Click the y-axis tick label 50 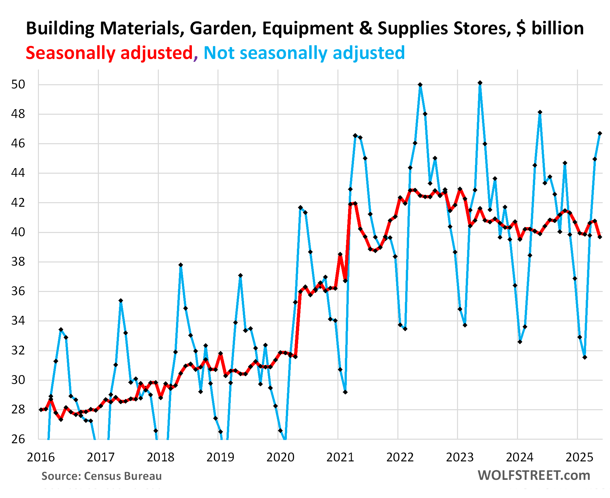pos(18,85)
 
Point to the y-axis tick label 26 pos(18,439)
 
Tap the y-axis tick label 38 pos(18,262)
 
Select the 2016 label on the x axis pos(41,457)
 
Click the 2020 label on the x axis pos(280,457)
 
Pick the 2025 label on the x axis pos(580,457)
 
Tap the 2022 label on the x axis pos(400,457)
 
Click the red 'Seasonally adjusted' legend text pos(109,53)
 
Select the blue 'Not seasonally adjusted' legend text pos(304,53)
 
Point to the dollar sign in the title pos(521,29)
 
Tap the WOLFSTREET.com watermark pos(534,475)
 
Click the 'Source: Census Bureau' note pos(101,476)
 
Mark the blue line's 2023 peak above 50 pos(480,83)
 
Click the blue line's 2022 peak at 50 pos(420,85)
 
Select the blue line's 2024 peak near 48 pos(540,112)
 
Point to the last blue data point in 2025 pos(600,133)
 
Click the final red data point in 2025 pos(600,237)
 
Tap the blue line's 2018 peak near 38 pos(181,265)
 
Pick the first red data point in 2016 pos(41,410)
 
